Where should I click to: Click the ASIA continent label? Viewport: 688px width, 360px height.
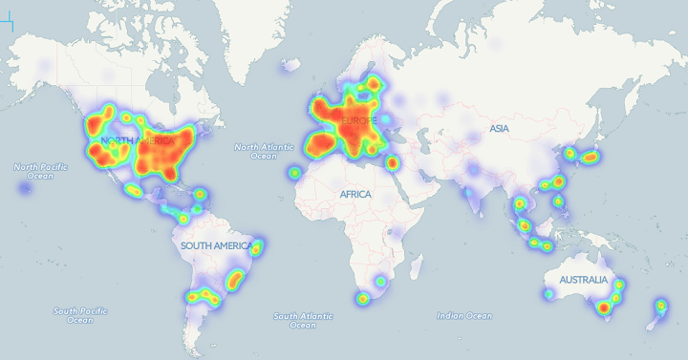point(499,128)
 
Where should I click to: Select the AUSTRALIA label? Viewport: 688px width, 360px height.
point(584,280)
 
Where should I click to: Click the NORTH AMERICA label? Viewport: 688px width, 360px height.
point(137,141)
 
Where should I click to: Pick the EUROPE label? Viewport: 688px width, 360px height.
point(360,119)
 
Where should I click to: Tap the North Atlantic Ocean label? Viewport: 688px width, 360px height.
point(265,151)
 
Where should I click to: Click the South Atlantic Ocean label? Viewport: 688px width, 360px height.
point(302,320)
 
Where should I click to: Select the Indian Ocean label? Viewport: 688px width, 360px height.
point(464,315)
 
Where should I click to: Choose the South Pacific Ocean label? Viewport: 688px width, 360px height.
point(79,315)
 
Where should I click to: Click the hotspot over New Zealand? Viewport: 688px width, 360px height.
point(660,307)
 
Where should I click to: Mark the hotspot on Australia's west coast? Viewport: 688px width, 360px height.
point(548,294)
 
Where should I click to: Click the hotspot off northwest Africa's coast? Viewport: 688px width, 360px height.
point(295,173)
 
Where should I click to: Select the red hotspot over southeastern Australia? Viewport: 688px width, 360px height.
point(603,307)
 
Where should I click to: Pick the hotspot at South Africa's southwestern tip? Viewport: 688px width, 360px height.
point(363,299)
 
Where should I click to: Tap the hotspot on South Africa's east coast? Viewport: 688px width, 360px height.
point(381,283)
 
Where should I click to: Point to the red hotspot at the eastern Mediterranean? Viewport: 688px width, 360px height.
point(392,162)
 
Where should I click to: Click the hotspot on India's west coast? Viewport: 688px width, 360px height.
point(469,195)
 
